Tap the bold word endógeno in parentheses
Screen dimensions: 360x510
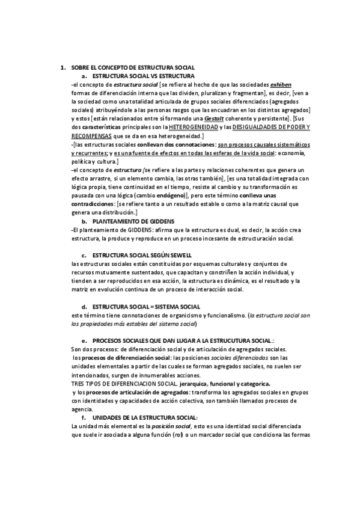point(170,196)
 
